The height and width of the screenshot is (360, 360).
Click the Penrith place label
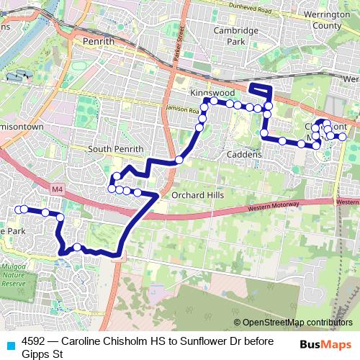click(99, 42)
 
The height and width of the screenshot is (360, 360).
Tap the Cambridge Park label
click(235, 36)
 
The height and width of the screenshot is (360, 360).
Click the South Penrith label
click(112, 149)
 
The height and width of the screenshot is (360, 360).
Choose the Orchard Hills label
click(197, 195)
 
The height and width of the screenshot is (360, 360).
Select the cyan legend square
click(9, 343)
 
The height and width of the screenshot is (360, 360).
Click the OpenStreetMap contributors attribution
click(297, 323)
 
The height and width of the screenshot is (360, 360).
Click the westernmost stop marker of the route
click(17, 210)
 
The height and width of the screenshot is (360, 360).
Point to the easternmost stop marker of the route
click(343, 137)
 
